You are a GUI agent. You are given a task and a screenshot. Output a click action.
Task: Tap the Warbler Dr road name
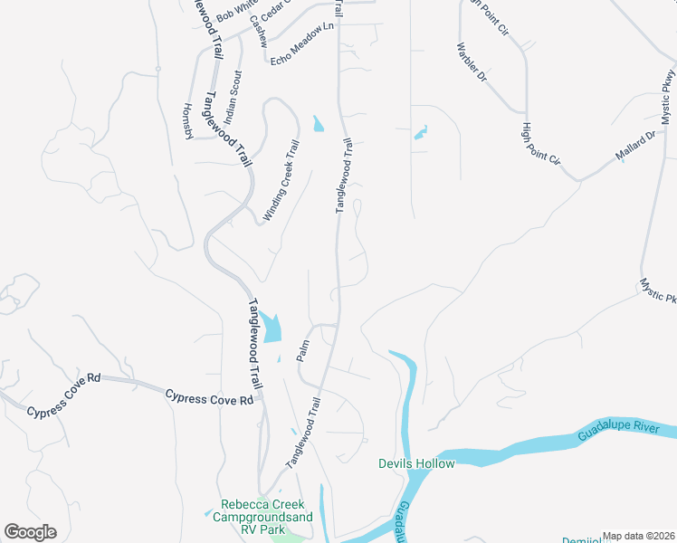point(472,62)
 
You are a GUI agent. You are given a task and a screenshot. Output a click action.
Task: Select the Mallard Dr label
point(636,146)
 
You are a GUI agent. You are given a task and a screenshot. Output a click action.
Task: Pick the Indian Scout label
point(234,97)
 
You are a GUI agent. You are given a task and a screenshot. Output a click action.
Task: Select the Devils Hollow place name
point(416,464)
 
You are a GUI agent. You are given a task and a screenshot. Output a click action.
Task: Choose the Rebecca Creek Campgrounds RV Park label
point(262,516)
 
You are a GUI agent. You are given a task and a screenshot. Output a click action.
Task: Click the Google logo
point(30,532)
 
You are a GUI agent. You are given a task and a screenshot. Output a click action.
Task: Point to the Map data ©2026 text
point(638,536)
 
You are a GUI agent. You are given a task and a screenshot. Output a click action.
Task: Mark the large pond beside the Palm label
point(271,328)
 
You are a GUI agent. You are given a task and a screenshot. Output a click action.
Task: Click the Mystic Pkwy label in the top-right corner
point(668,95)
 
